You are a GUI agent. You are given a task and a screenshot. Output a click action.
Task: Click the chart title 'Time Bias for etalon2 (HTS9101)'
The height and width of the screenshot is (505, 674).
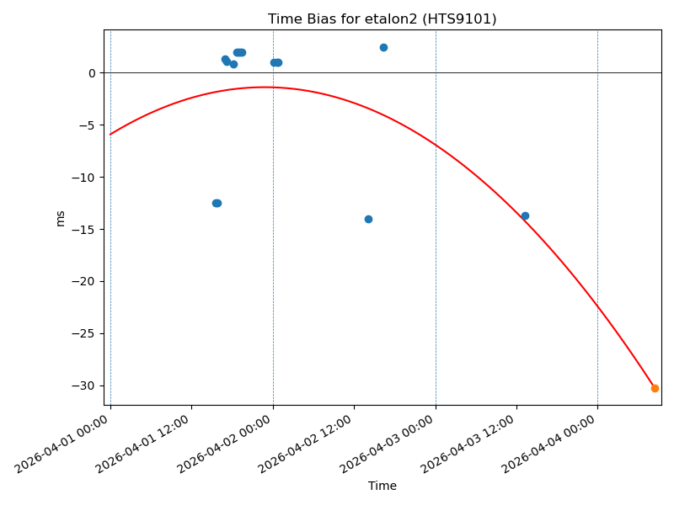tap(382, 19)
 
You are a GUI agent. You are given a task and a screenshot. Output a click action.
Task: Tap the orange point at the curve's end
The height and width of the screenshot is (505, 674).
tap(655, 388)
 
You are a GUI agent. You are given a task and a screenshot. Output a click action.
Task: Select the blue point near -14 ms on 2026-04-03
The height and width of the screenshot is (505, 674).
tap(525, 215)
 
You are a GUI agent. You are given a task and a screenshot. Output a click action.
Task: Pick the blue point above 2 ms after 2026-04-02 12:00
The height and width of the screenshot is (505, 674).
tap(383, 47)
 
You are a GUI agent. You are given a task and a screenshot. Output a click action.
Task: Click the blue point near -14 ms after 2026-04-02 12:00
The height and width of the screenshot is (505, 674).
tap(368, 219)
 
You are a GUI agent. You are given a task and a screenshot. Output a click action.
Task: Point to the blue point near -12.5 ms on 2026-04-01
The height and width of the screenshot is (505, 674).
tap(217, 203)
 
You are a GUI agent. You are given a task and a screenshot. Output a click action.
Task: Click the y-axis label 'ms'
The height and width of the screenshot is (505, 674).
tap(60, 218)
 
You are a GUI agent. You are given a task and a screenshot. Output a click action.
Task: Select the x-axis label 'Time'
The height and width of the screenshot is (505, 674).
tap(382, 486)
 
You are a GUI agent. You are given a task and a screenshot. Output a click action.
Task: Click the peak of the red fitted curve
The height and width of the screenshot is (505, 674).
tap(265, 87)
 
